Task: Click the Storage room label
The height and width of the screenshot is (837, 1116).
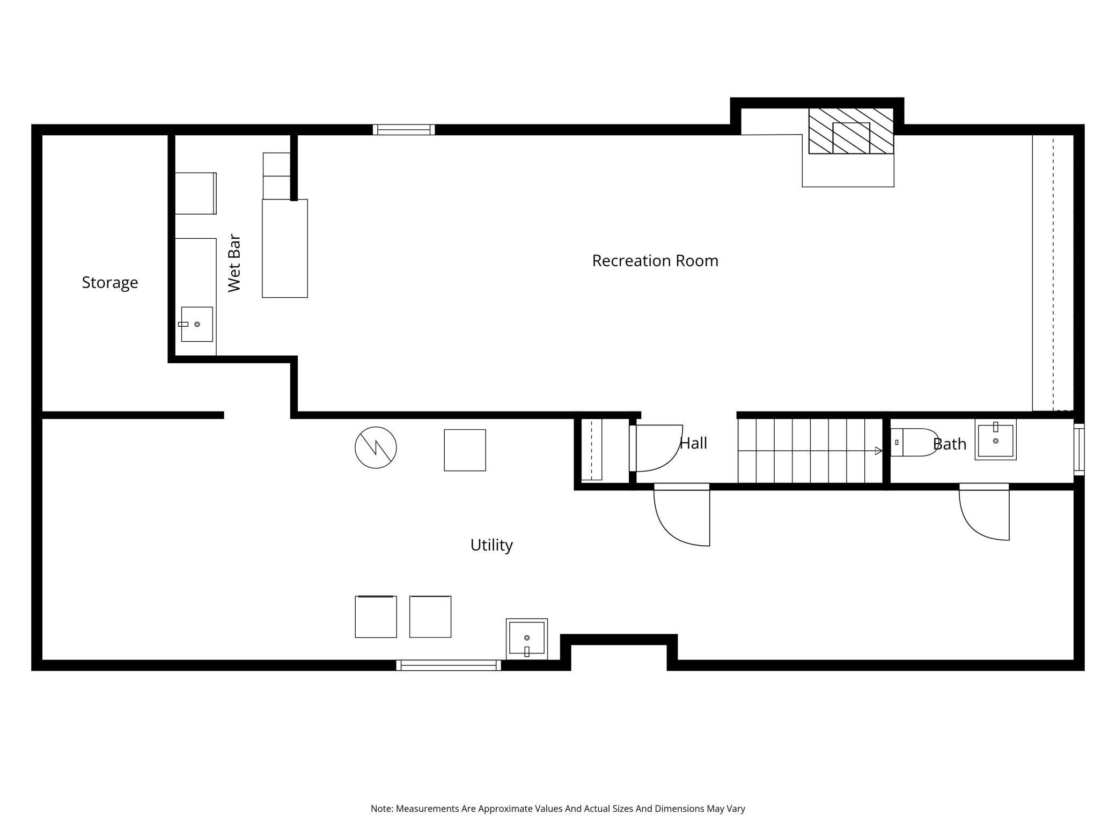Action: coord(110,282)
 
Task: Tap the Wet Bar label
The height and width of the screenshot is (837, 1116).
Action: coord(234,263)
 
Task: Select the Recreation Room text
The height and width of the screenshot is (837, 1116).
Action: coord(655,260)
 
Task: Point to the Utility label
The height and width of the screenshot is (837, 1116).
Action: coord(491,545)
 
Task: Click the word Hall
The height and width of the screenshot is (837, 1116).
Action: coord(693,443)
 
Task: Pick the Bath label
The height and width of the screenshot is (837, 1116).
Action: coord(950,444)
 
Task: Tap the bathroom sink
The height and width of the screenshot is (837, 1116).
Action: coord(995,439)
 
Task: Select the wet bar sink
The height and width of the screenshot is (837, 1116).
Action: coord(196,324)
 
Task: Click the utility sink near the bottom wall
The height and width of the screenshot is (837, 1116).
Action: coord(527,639)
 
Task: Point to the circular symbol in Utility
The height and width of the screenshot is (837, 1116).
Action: coord(376,447)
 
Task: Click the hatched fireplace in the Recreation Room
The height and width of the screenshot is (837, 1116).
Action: coord(851,131)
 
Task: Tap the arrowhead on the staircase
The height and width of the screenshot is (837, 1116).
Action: coord(878,451)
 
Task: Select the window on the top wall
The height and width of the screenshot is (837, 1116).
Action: coord(403,130)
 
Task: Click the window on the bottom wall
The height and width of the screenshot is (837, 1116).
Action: coord(449,665)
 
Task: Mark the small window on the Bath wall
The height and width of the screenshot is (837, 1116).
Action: coord(1079,450)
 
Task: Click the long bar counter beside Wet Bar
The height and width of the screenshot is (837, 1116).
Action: coord(285,248)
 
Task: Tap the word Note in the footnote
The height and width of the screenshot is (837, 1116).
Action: coord(381,809)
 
